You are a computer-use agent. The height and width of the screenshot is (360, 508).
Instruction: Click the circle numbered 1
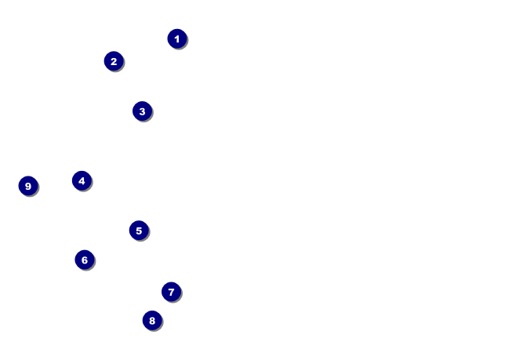(x=177, y=38)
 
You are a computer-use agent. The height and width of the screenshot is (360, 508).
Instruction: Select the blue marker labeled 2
(x=114, y=61)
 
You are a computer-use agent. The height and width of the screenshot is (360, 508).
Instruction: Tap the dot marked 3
(x=142, y=111)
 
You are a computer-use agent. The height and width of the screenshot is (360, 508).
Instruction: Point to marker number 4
(x=82, y=181)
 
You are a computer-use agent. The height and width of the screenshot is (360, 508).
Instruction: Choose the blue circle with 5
(x=139, y=231)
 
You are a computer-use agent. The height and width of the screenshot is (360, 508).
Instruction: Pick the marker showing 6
(x=85, y=260)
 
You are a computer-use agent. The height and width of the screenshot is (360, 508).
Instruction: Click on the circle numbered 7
(x=172, y=292)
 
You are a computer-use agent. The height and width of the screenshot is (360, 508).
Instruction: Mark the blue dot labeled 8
(x=152, y=320)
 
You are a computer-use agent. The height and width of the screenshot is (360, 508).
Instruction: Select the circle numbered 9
(x=28, y=186)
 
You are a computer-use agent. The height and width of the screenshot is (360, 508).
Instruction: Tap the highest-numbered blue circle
(x=28, y=186)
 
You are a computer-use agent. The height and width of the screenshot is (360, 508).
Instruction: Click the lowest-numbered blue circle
(x=177, y=38)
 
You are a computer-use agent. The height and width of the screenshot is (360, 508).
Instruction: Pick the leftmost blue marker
(x=28, y=186)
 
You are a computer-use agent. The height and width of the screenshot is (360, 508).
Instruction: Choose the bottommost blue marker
(x=152, y=320)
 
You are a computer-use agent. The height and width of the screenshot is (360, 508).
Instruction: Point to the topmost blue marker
(x=177, y=38)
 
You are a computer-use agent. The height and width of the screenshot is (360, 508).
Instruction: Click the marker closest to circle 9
(x=82, y=181)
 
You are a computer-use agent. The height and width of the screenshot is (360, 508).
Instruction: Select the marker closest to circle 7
(x=152, y=320)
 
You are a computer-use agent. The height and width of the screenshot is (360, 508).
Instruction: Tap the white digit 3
(x=142, y=111)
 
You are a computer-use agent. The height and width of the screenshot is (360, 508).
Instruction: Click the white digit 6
(x=85, y=260)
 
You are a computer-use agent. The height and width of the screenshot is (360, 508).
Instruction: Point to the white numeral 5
(x=139, y=231)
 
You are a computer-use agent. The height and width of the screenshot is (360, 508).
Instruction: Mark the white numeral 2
(x=114, y=61)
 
